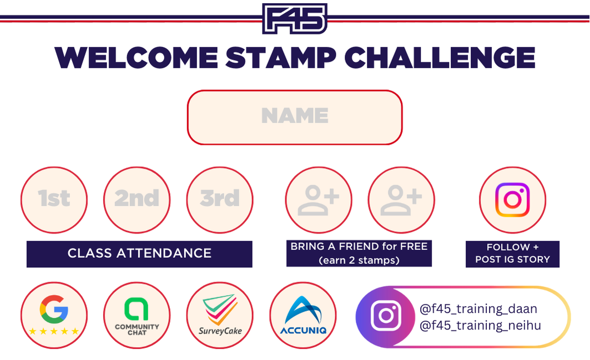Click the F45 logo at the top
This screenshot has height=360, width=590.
295,18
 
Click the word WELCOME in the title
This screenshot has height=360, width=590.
136,58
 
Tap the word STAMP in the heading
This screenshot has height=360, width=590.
281,58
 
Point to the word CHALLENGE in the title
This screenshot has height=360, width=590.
440,58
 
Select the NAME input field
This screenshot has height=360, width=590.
295,117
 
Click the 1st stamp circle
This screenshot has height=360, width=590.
54,200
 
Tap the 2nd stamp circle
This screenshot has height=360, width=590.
137,200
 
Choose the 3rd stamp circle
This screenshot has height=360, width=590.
220,200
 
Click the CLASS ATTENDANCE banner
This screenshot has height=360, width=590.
139,254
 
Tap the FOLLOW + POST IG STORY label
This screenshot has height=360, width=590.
512,254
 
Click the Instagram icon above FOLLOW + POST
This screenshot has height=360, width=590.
512,200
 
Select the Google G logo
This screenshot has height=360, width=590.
54,309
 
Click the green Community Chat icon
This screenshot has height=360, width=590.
137,309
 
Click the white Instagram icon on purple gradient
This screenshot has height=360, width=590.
386,316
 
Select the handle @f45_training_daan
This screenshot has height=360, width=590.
478,309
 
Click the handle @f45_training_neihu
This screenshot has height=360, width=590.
480,325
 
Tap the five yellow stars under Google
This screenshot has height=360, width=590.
54,331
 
